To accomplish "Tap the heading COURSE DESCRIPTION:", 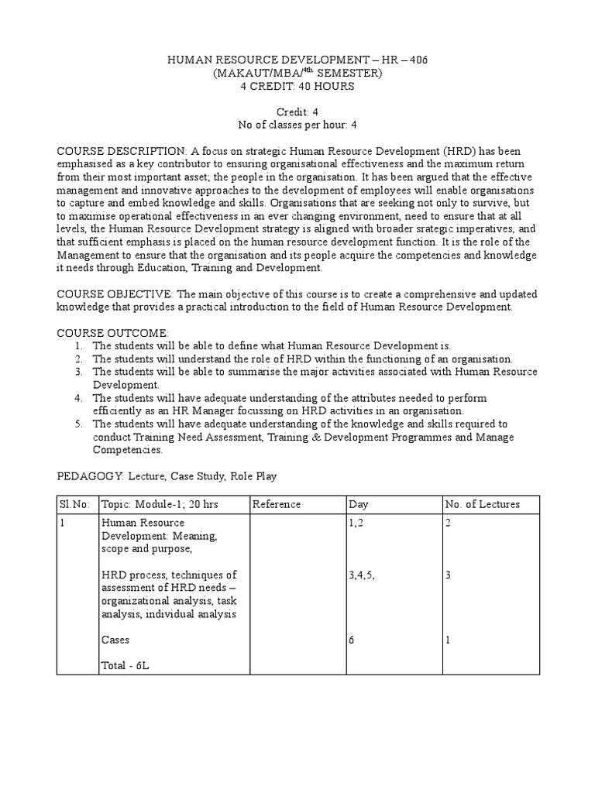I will [x=122, y=149].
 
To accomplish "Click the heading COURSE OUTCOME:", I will [x=112, y=332].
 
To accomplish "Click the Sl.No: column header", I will [x=75, y=504].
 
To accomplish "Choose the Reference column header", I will [x=277, y=504].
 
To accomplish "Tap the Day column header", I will [x=359, y=504].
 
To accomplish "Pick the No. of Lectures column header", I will [x=483, y=504].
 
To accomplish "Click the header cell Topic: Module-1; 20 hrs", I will [x=160, y=504].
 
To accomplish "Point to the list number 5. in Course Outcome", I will [x=79, y=424].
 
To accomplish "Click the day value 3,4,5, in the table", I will [x=364, y=575].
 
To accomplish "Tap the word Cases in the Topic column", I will [x=115, y=640].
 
